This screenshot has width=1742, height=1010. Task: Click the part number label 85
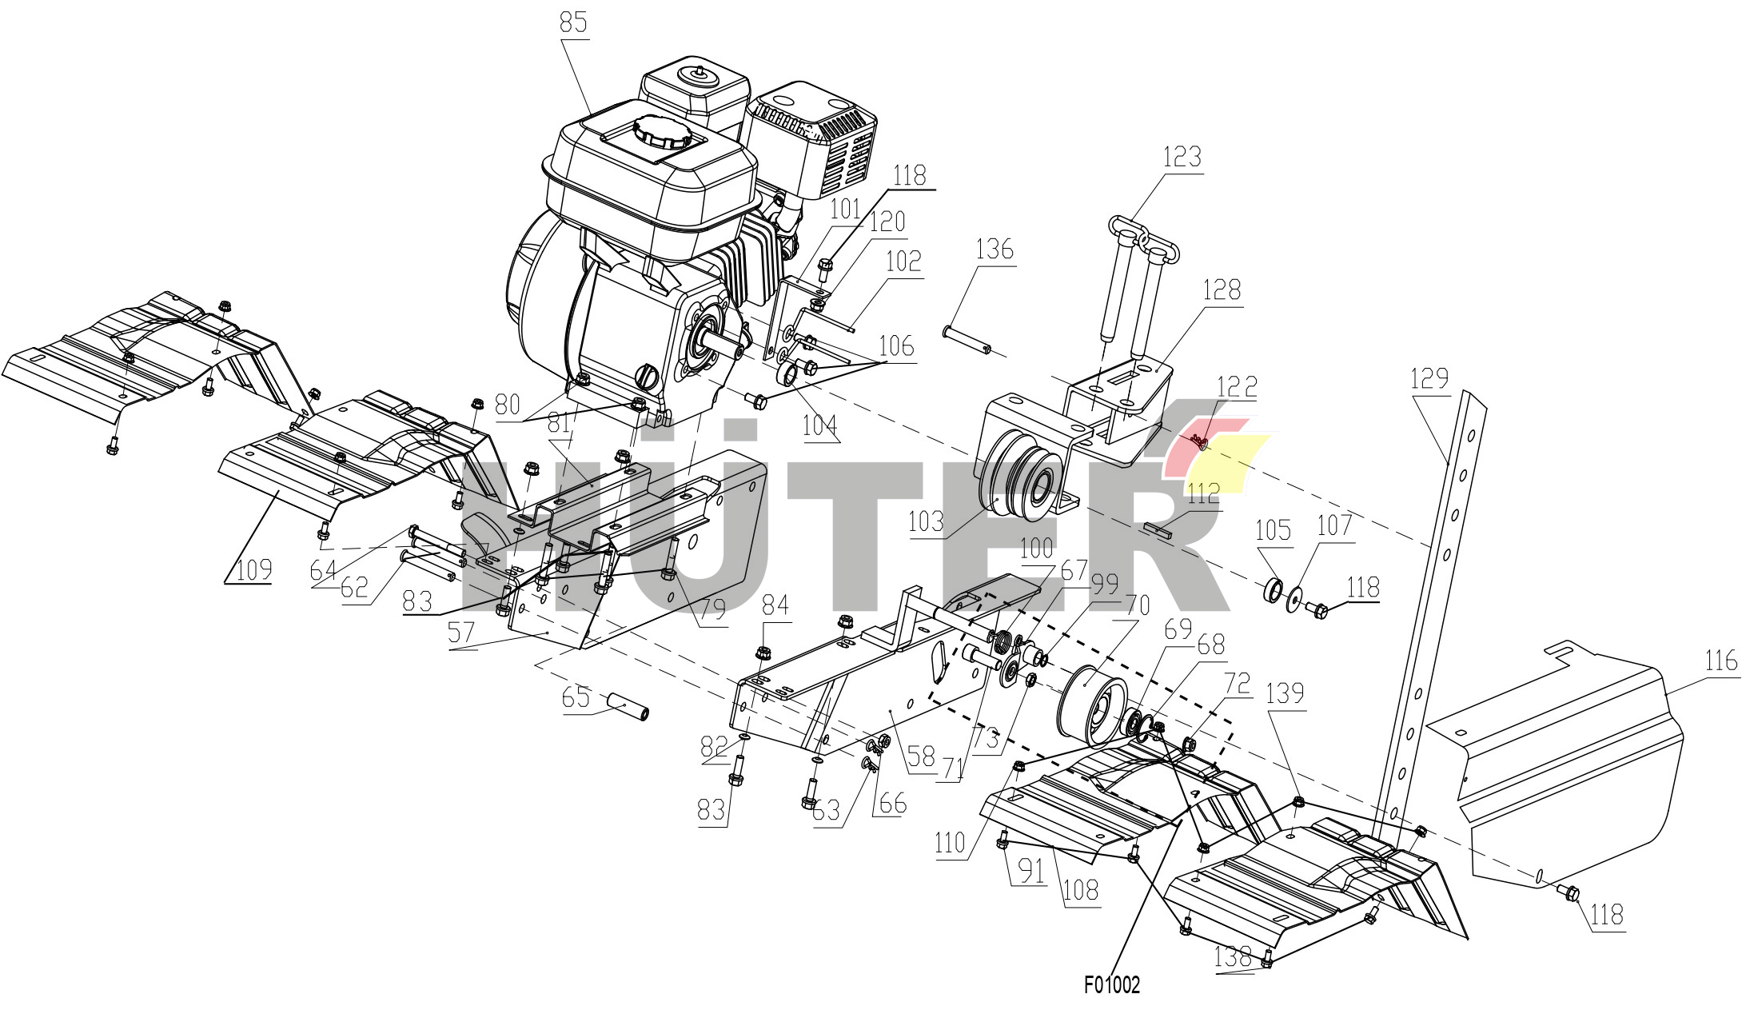click(x=573, y=22)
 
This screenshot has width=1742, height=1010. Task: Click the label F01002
click(x=1112, y=984)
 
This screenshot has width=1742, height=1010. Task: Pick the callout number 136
click(x=995, y=249)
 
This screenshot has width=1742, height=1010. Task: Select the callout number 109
click(x=254, y=569)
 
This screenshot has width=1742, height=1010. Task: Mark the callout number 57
click(x=461, y=633)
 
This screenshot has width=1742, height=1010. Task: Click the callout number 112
click(x=1202, y=493)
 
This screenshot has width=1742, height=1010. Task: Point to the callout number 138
click(x=1233, y=956)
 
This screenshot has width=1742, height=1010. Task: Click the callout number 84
click(x=775, y=604)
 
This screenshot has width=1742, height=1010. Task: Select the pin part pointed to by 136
click(x=967, y=339)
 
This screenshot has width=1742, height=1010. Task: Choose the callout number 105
click(x=1274, y=529)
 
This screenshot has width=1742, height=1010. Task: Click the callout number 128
click(x=1222, y=289)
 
